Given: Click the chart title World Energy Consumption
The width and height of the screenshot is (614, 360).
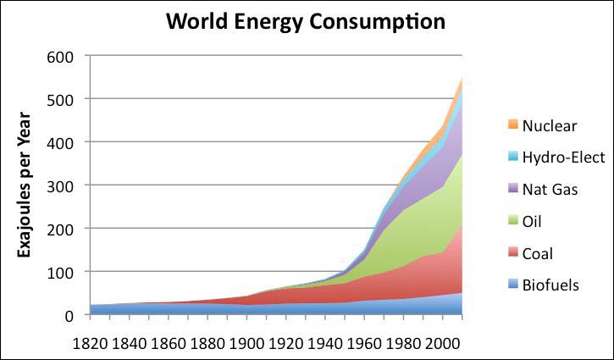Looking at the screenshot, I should point(306,21).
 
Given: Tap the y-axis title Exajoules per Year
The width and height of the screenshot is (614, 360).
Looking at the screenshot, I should point(25,186).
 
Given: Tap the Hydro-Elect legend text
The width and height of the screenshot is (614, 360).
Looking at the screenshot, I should point(563,158).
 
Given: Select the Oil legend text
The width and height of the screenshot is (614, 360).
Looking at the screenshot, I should point(534,221).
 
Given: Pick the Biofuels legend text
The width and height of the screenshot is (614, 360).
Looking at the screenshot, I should point(550,285).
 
